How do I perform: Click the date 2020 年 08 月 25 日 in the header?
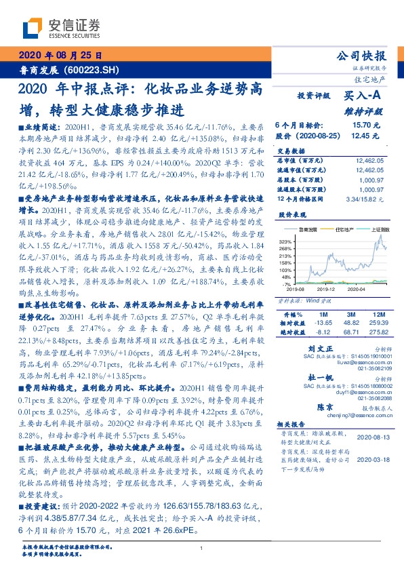click(60, 55)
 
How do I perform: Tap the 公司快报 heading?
click(369, 56)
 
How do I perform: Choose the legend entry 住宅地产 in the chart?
click(345, 231)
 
